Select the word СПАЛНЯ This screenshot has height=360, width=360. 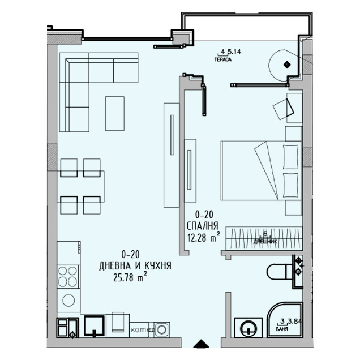click(203, 226)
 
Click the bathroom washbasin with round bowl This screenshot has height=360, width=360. click(248, 328)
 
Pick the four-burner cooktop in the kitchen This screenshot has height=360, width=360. click(68, 277)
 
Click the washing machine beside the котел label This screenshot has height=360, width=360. click(162, 328)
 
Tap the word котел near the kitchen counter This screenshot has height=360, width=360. click(139, 329)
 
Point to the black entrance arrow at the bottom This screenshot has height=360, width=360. click(200, 344)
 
